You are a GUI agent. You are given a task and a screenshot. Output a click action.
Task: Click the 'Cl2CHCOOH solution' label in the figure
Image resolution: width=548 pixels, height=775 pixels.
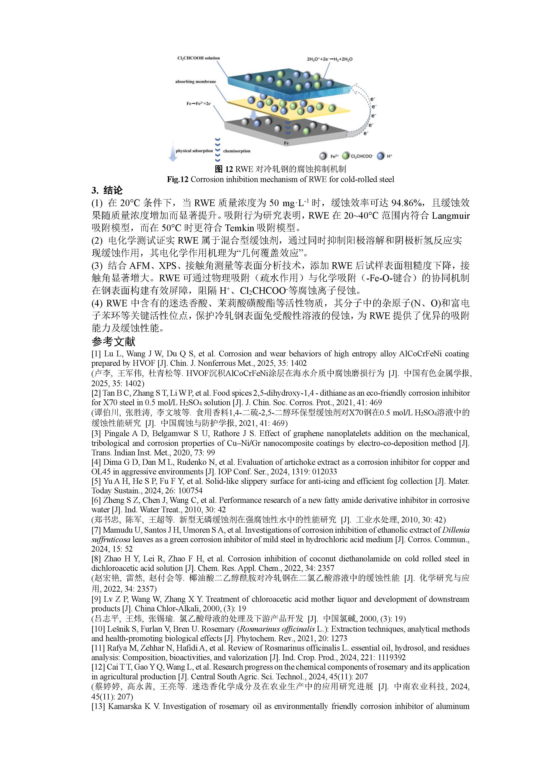(198, 58)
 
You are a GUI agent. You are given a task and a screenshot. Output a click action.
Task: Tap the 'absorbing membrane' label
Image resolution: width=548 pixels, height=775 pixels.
(195, 82)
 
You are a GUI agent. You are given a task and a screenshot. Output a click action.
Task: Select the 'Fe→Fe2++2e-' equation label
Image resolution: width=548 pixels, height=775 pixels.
(199, 104)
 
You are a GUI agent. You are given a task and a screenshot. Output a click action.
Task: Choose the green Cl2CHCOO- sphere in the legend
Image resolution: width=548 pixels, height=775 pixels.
(345, 156)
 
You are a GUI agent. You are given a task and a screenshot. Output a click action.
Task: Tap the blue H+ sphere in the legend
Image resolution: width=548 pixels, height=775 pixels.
(381, 156)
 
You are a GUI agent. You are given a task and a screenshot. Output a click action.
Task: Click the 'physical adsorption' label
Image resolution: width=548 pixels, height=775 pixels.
(194, 151)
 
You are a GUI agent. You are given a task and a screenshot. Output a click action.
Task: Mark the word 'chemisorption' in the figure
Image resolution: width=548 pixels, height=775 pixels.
(237, 151)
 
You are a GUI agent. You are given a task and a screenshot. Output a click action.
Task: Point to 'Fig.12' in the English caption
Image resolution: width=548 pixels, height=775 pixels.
(178, 179)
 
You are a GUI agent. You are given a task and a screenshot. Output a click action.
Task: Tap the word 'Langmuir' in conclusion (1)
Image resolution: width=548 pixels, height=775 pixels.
(450, 215)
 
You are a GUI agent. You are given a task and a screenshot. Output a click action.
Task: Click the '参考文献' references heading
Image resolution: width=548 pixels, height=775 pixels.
(113, 342)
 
